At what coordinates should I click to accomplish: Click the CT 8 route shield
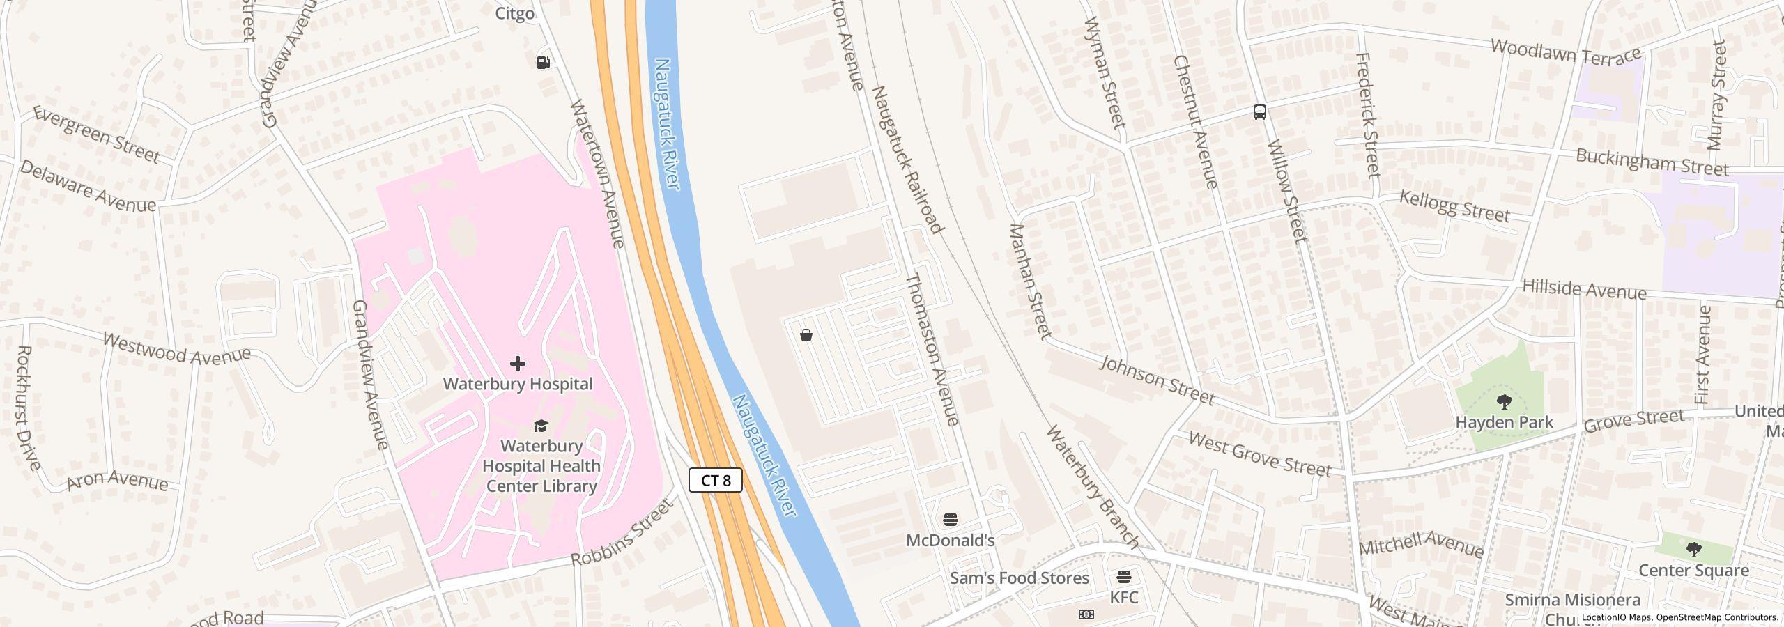tap(715, 480)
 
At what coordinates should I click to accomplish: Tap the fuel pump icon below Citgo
tap(543, 63)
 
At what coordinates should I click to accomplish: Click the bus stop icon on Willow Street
tap(1259, 112)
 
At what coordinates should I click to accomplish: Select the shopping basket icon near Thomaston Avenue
tap(806, 336)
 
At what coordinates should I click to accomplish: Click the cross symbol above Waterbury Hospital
tap(517, 363)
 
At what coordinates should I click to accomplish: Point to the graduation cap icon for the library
tap(541, 426)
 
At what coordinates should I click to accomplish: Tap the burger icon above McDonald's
tap(950, 520)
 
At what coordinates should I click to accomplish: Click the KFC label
tap(1123, 597)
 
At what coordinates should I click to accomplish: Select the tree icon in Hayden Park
tap(1504, 402)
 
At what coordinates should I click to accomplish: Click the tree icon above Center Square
tap(1693, 550)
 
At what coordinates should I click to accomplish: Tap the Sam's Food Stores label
tap(1019, 578)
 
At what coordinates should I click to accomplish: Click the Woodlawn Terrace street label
tap(1565, 52)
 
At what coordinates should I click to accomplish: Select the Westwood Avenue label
tap(176, 348)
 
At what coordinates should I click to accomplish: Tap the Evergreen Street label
tap(97, 134)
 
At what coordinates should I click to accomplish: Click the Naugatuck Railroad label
tap(907, 160)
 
